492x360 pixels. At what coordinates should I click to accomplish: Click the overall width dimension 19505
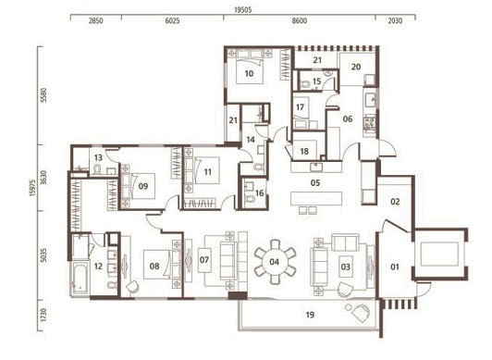tap(243, 10)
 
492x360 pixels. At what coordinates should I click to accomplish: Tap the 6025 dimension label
tap(172, 21)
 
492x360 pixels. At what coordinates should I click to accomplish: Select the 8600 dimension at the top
tap(299, 21)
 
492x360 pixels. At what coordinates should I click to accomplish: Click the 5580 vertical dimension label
tap(44, 94)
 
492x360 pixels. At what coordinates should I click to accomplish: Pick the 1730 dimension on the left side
tap(44, 315)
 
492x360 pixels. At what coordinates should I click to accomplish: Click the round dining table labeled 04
tap(275, 262)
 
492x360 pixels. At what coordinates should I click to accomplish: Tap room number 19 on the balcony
tap(310, 315)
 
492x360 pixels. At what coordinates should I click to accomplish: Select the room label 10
tap(249, 74)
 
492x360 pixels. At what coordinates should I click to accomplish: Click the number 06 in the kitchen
tap(348, 119)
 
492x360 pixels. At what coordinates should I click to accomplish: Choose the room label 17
tap(300, 107)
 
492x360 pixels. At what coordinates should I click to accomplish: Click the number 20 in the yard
tap(356, 67)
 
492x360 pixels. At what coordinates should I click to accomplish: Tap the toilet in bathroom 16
tap(250, 199)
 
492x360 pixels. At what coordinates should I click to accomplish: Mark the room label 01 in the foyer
tap(394, 267)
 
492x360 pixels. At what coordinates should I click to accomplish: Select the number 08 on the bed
tap(154, 267)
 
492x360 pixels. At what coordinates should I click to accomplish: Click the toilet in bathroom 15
tap(304, 84)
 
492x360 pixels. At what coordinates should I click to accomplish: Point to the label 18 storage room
tap(304, 152)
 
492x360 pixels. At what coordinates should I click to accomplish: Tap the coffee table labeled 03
tap(346, 267)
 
